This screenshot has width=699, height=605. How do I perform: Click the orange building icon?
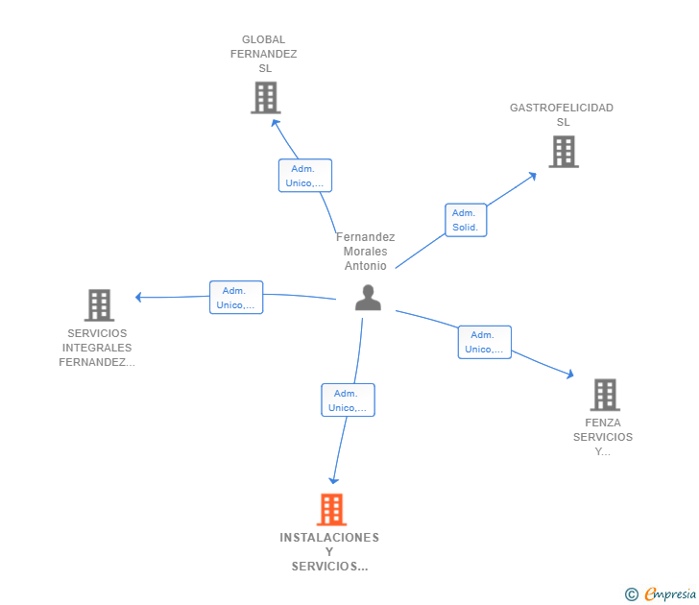331,510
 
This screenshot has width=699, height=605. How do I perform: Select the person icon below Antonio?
369,298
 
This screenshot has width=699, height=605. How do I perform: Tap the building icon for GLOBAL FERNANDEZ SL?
266,98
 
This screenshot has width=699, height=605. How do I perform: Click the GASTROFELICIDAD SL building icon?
564,152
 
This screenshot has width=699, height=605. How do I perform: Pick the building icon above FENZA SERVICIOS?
605,395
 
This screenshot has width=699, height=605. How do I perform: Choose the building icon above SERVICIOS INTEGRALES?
100,305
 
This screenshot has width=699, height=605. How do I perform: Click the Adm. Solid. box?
466,220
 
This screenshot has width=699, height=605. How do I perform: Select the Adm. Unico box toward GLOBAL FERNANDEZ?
305,176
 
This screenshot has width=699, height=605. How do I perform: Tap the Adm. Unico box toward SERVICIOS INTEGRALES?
236,298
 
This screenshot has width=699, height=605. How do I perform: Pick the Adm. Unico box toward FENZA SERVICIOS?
485,342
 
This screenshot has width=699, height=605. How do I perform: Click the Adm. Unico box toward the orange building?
349,399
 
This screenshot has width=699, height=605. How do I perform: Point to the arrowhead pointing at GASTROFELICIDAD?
532,176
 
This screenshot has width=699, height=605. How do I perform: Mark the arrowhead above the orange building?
333,480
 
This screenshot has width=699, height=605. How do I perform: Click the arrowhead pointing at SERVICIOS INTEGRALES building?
138,297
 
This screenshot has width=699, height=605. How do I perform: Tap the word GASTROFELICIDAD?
562,108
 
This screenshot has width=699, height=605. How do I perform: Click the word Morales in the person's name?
365,252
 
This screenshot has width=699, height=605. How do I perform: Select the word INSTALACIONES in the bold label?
329,538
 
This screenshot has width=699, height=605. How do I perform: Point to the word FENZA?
603,423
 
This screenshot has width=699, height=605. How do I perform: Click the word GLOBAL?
263,39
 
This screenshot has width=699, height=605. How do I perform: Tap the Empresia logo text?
670,594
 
